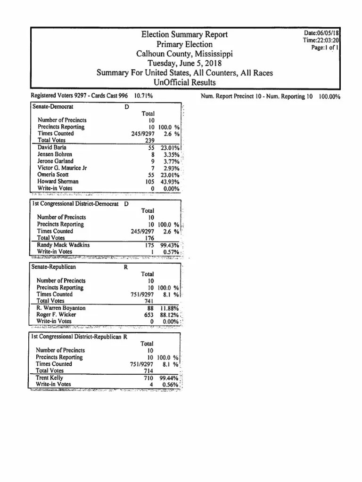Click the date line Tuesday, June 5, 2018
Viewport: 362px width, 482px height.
pos(184,64)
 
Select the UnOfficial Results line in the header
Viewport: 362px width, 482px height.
pos(184,83)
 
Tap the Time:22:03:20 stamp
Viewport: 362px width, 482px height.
pos(321,40)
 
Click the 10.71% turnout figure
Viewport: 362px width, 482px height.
pos(143,96)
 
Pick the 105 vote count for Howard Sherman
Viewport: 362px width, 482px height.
pos(150,181)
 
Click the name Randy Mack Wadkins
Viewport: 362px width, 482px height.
pos(63,245)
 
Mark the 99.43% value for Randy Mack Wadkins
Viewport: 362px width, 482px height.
pos(168,245)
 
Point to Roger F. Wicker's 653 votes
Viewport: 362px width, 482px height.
pos(149,314)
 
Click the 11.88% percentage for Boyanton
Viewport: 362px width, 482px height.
pos(168,308)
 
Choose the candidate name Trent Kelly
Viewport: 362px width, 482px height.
pos(49,378)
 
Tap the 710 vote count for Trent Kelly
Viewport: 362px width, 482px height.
pos(149,378)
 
